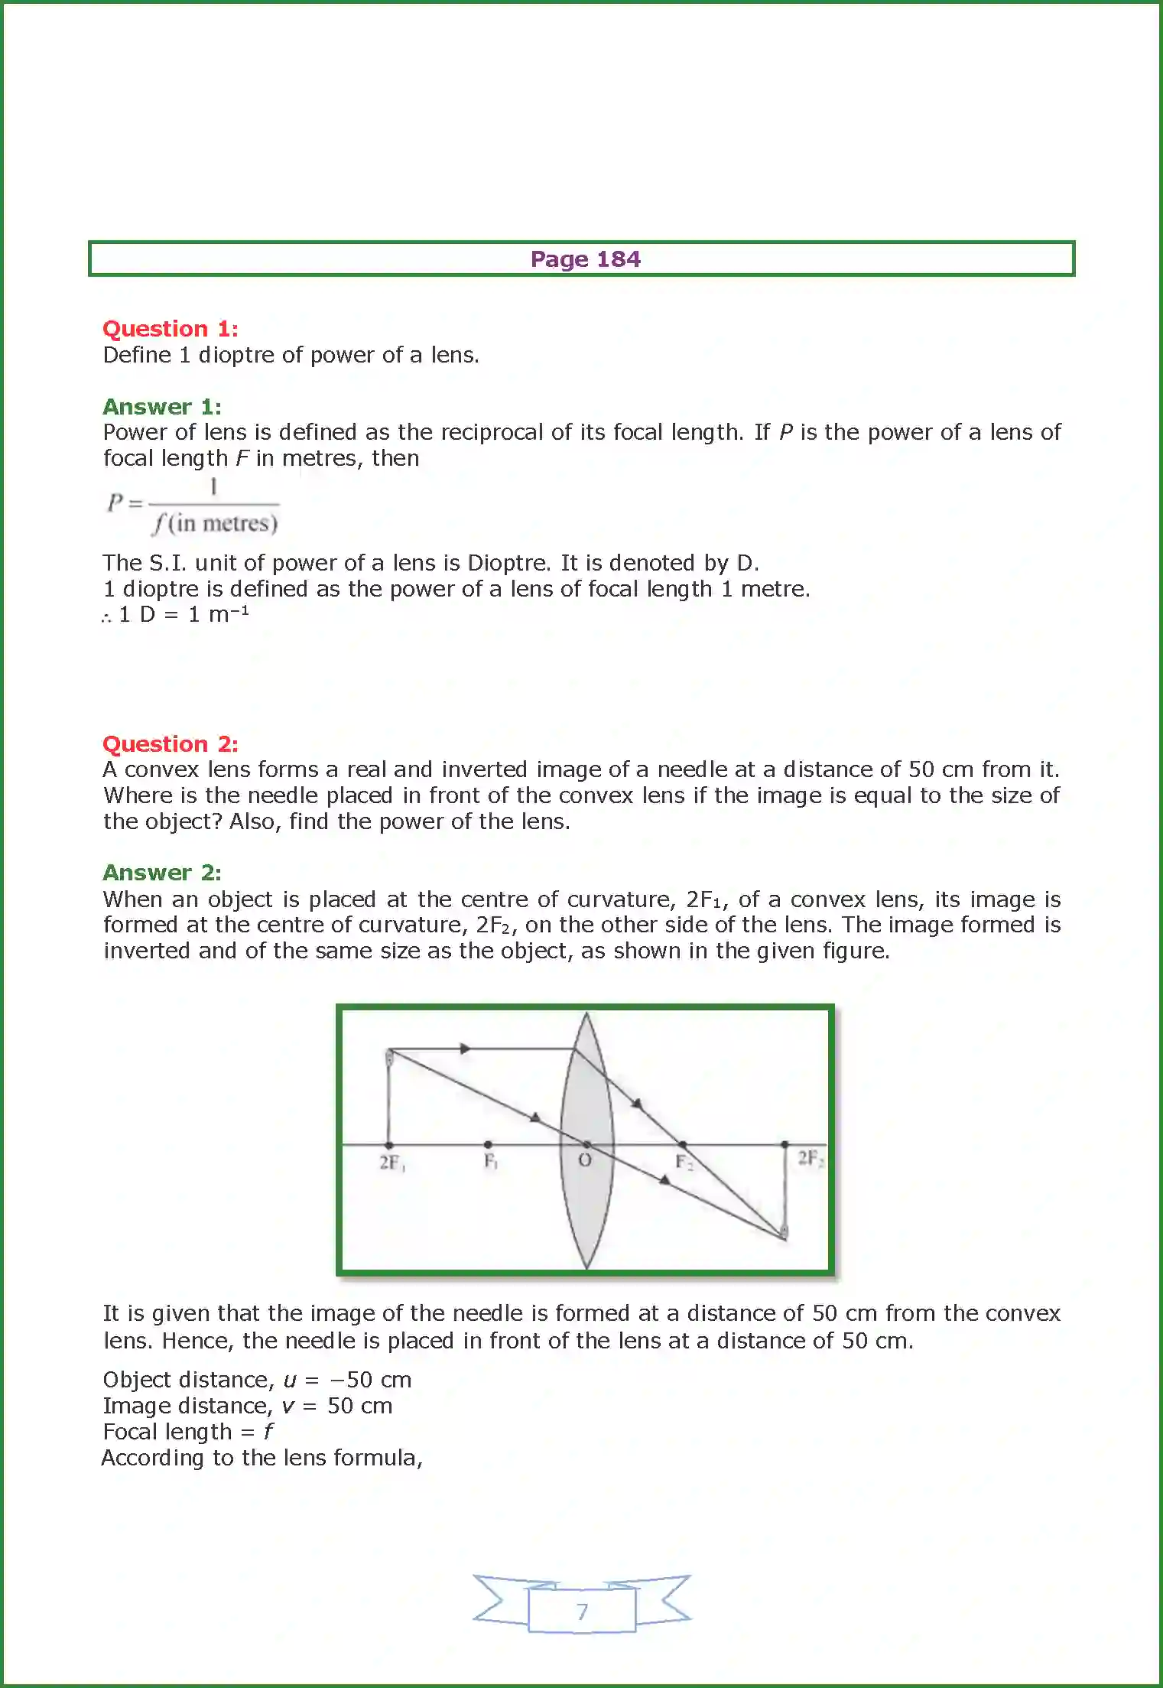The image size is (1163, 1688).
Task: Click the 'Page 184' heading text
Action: click(585, 259)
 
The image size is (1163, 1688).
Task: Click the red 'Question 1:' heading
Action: click(171, 329)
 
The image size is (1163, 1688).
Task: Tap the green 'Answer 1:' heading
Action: click(162, 406)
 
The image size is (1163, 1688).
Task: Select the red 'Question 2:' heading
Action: click(171, 743)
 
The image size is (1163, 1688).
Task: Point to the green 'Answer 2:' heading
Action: click(162, 873)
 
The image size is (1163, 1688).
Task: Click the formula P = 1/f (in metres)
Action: click(193, 506)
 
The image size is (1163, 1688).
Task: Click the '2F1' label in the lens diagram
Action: click(392, 1163)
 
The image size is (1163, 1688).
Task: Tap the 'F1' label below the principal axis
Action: click(491, 1162)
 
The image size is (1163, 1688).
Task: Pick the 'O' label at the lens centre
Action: click(585, 1160)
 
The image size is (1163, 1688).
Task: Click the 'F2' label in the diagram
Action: click(684, 1163)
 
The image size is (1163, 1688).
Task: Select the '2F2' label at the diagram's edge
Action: click(810, 1158)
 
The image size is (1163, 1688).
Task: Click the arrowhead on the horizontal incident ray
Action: click(465, 1049)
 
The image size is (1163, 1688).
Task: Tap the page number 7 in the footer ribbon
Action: click(583, 1612)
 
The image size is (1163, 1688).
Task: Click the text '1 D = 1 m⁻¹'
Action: click(184, 614)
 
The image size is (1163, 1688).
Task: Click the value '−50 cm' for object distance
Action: click(370, 1380)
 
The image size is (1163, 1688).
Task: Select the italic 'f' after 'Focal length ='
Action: click(268, 1431)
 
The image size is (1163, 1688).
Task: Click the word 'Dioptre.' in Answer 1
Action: click(508, 563)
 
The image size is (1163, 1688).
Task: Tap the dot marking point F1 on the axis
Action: click(488, 1145)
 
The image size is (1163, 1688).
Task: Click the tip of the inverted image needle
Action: click(784, 1233)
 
